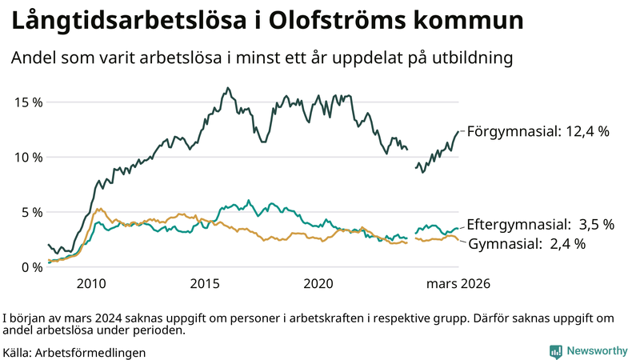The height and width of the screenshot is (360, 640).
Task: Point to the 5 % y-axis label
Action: (29, 213)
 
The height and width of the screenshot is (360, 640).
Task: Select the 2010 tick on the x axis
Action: (91, 284)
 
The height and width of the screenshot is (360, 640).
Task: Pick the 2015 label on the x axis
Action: (206, 284)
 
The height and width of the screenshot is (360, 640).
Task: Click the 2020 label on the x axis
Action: (319, 284)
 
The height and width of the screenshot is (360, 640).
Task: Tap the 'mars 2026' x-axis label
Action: (458, 284)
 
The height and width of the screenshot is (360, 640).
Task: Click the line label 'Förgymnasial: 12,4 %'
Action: (538, 131)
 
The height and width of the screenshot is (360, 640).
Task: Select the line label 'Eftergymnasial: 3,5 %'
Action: (540, 225)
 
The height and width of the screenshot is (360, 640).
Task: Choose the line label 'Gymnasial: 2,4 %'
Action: (526, 243)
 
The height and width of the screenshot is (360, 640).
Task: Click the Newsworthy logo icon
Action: (554, 351)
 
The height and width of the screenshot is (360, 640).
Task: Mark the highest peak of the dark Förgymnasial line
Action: (228, 88)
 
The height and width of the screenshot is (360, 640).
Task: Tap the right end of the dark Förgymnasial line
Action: (458, 131)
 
